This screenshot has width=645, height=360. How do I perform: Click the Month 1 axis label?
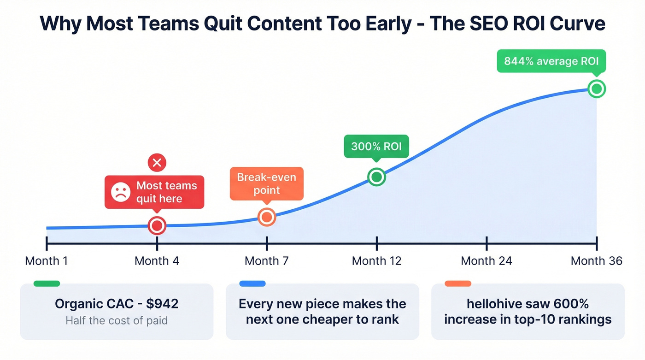pyautogui.click(x=46, y=261)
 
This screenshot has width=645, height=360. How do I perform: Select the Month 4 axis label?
pyautogui.click(x=157, y=261)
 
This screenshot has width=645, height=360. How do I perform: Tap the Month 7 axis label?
pyautogui.click(x=266, y=261)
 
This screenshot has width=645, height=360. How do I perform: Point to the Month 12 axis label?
pyautogui.click(x=376, y=261)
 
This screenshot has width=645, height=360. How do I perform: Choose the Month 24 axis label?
pyautogui.click(x=487, y=261)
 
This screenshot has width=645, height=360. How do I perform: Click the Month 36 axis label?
pyautogui.click(x=596, y=261)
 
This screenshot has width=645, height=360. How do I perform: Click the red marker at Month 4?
pyautogui.click(x=157, y=226)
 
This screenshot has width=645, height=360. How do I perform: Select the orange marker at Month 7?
pyautogui.click(x=266, y=217)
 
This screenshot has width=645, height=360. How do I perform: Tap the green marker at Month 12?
pyautogui.click(x=376, y=177)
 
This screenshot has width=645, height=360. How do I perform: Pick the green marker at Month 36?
pyautogui.click(x=597, y=89)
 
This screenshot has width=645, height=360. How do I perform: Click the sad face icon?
pyautogui.click(x=121, y=192)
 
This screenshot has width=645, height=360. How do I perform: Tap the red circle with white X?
pyautogui.click(x=157, y=162)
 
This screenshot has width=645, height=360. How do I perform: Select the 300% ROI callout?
pyautogui.click(x=376, y=147)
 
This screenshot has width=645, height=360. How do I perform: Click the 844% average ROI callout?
pyautogui.click(x=551, y=62)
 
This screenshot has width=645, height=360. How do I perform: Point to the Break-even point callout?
pyautogui.click(x=266, y=183)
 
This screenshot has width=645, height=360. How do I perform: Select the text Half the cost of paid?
pyautogui.click(x=117, y=320)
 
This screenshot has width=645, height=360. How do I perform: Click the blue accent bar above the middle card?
pyautogui.click(x=252, y=283)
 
